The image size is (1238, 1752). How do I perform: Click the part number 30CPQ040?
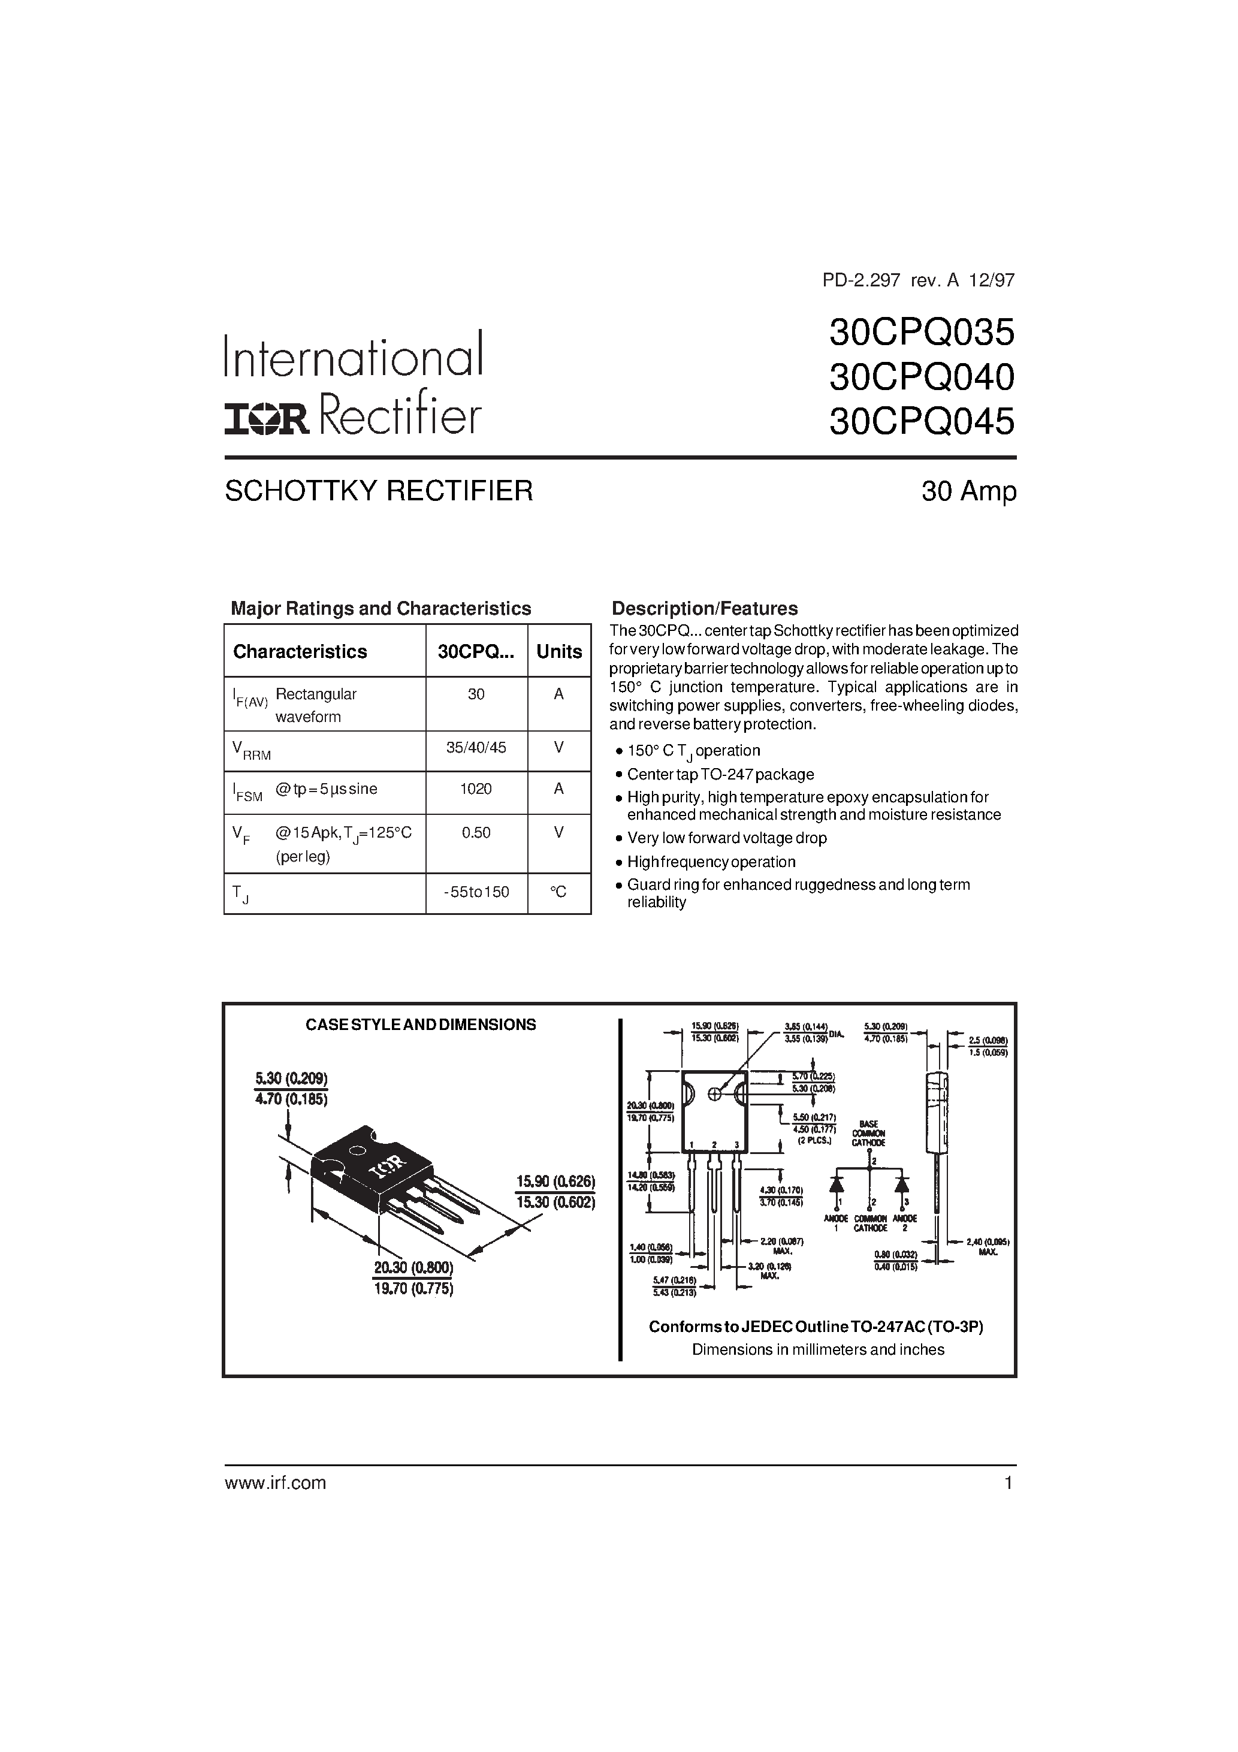click(x=921, y=376)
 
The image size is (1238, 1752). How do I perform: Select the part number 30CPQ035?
click(x=921, y=332)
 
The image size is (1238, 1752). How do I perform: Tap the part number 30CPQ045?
click(x=921, y=421)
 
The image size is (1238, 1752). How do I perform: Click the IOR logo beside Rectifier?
click(x=265, y=419)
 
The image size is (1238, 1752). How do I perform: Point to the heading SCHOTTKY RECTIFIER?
click(x=379, y=491)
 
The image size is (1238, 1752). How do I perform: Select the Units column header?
click(x=558, y=652)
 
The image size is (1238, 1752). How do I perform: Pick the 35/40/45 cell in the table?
click(x=476, y=748)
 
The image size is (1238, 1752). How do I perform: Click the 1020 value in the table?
click(x=476, y=789)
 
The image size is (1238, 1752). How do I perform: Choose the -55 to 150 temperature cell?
click(x=476, y=892)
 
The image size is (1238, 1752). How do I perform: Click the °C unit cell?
click(x=558, y=892)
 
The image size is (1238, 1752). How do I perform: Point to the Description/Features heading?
click(x=705, y=609)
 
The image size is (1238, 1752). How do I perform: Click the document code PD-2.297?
click(x=862, y=280)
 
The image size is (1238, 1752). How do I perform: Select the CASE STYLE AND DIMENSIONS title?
click(x=421, y=1025)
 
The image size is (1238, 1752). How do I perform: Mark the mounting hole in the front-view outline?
click(x=715, y=1094)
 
